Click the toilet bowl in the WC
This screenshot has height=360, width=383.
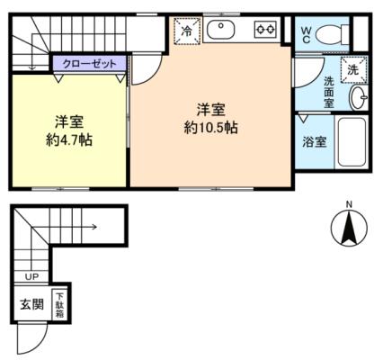(329, 34)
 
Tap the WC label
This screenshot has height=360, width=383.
(306, 35)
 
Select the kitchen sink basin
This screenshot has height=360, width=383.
(221, 30)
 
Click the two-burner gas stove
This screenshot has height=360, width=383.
(265, 30)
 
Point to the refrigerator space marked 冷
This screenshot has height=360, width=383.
(187, 31)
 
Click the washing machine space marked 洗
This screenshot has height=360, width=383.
(353, 69)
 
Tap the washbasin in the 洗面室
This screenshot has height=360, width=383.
(359, 97)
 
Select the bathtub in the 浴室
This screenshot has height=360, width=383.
(352, 142)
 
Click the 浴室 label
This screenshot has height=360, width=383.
(314, 142)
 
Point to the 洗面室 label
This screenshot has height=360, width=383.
(329, 92)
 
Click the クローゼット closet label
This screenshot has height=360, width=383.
(89, 64)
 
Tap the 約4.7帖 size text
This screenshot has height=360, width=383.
(69, 139)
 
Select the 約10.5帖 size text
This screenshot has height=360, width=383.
(211, 128)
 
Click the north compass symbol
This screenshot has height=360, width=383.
(349, 228)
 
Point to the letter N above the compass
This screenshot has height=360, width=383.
(349, 204)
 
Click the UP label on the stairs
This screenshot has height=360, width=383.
(32, 276)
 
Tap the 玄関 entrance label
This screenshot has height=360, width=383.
(31, 305)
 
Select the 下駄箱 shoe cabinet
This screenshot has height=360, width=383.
(59, 304)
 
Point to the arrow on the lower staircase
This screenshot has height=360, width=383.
(65, 227)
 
